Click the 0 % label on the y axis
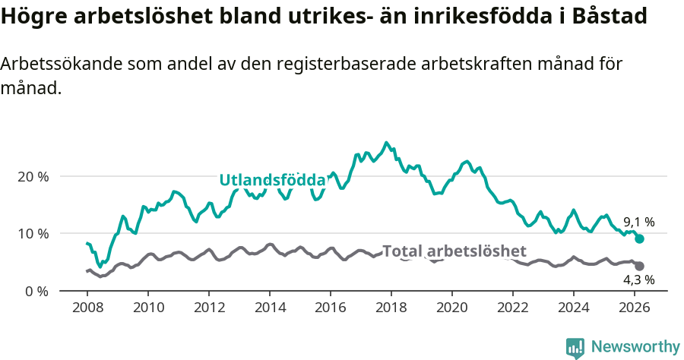36,291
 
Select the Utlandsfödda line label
272,180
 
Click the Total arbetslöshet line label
454,251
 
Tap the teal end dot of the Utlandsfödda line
640,238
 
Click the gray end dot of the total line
640,266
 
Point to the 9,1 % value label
638,223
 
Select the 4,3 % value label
638,280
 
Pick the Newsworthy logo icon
575,347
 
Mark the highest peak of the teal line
386,142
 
